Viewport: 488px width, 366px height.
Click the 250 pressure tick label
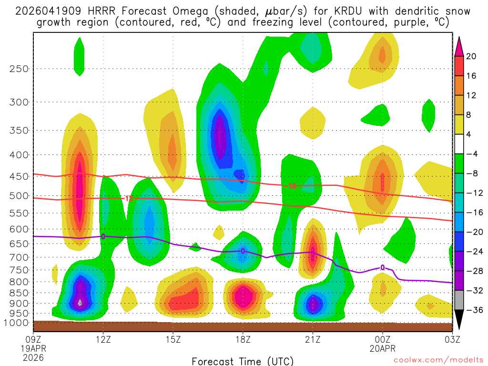tap(19, 69)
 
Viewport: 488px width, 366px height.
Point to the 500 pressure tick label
tap(19, 195)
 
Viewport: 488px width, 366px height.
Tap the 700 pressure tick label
tap(19, 257)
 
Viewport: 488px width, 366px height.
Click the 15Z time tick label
tap(173, 340)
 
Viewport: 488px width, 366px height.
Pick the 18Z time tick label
tap(243, 340)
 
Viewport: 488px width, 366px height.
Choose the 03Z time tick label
tap(452, 340)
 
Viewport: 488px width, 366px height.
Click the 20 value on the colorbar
tap(471, 56)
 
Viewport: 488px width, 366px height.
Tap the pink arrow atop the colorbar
tap(459, 45)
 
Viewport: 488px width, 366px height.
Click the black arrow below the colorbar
tap(459, 321)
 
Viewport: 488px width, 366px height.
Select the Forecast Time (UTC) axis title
tap(243, 361)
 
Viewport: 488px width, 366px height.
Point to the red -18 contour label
tap(292, 186)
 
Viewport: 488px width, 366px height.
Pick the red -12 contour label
tap(128, 198)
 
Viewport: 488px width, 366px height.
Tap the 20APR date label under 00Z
tap(383, 348)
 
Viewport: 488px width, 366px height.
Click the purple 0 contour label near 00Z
tap(383, 268)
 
